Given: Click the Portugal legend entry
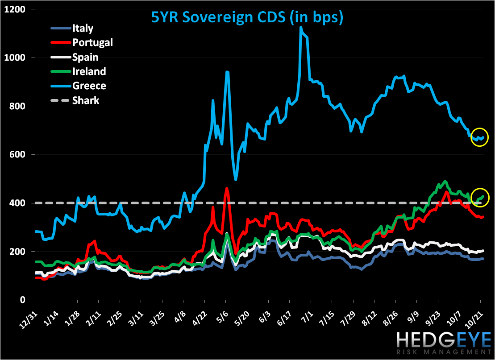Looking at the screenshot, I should point(92,43).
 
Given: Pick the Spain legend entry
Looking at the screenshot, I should point(85,57).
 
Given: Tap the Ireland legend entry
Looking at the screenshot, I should point(89,71).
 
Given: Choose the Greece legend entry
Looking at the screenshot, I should point(89,86).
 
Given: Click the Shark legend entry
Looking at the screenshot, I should point(86,100).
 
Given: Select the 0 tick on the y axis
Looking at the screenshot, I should point(27,300).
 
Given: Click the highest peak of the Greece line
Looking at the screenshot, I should point(301,28).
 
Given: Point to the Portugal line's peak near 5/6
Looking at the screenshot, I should point(227,188).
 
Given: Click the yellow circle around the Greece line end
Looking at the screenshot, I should point(480,138).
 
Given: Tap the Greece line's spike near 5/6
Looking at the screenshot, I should point(227,72).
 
